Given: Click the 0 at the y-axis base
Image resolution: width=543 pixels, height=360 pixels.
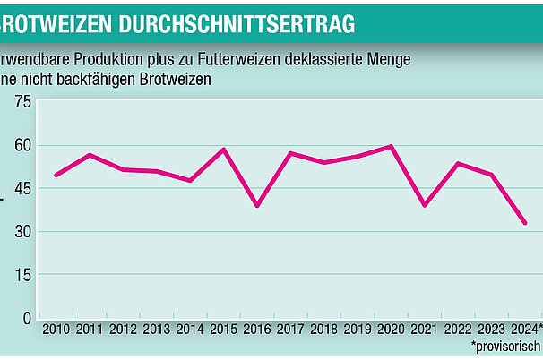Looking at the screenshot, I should pyautogui.click(x=26, y=317).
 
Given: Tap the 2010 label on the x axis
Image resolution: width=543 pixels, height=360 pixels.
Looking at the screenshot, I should pyautogui.click(x=56, y=330).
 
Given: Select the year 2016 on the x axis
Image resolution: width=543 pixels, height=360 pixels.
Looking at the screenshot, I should pyautogui.click(x=257, y=330).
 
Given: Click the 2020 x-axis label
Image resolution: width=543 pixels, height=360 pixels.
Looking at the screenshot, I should pyautogui.click(x=391, y=330).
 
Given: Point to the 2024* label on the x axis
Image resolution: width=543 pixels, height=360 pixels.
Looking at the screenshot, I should pyautogui.click(x=527, y=330).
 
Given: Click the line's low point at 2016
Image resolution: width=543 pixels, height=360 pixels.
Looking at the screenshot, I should pyautogui.click(x=257, y=206).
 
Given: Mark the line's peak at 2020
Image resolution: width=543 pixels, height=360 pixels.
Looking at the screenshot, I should pyautogui.click(x=391, y=146).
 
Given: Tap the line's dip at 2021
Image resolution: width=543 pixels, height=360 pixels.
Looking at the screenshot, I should pyautogui.click(x=424, y=205).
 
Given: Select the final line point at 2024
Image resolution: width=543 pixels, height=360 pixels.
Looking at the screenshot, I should pyautogui.click(x=525, y=223).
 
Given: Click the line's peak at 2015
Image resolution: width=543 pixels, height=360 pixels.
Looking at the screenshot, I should pyautogui.click(x=223, y=150).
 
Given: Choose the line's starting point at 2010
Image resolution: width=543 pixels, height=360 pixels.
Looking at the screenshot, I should pyautogui.click(x=56, y=176).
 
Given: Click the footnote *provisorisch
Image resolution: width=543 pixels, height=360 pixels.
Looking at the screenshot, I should pyautogui.click(x=506, y=346).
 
